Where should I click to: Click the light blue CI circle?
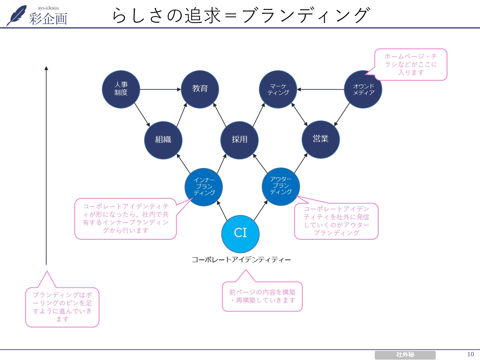pos(240,234)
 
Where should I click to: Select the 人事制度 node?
pos(121,89)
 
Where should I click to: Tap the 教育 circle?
pos(200,89)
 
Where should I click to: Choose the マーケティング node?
pos(278,89)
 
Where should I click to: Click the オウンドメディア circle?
pos(363,89)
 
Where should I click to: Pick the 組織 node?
pos(163,140)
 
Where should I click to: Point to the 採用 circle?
pos(239,140)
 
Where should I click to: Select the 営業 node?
pos(321,139)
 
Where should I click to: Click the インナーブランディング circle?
pos(204,187)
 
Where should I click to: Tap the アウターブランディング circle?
pos(281,186)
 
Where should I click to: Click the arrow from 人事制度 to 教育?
pos(160,89)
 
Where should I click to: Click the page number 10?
pos(470,354)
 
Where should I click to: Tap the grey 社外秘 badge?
pos(405,355)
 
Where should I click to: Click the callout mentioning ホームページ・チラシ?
pos(411,64)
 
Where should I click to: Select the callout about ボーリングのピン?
pos(62,307)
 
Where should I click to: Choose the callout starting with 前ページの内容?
pos(262,296)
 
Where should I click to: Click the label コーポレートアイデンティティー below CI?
pos(241,260)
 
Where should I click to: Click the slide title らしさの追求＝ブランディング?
pos(241,15)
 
